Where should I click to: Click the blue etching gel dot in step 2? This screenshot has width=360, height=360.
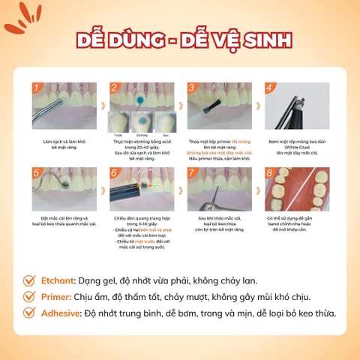[137, 99]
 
